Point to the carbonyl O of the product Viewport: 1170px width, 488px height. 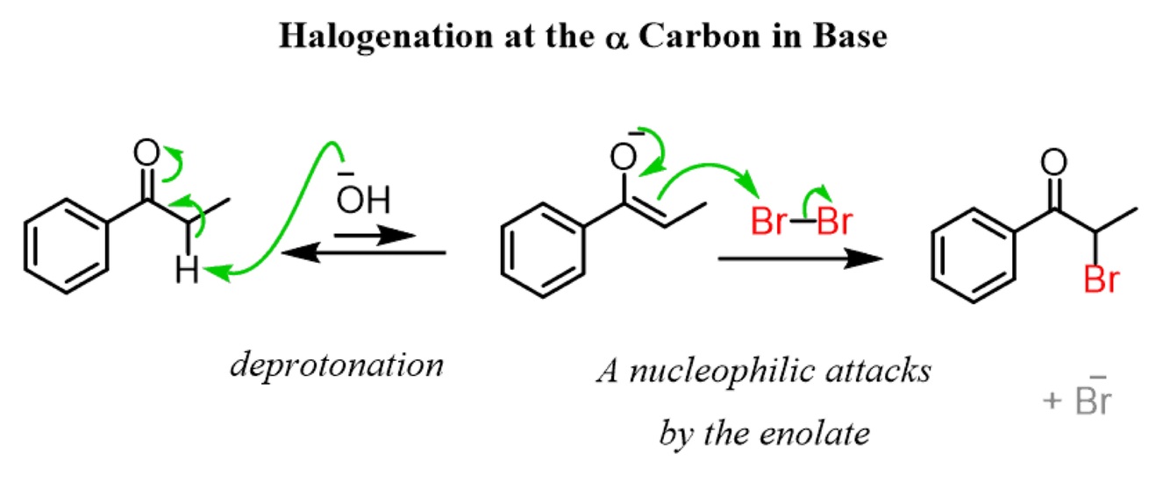pos(1055,162)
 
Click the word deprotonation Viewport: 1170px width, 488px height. pos(337,364)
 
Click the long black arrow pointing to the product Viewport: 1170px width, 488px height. pos(798,260)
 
